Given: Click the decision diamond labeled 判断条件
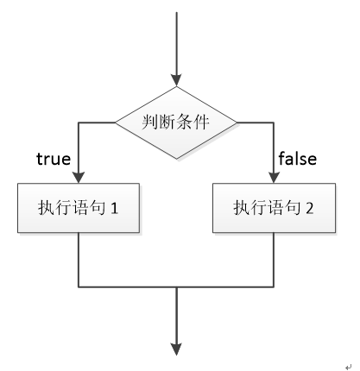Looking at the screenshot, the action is tap(176, 123).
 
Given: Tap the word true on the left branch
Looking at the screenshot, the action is tap(54, 159).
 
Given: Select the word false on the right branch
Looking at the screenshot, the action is tap(298, 158).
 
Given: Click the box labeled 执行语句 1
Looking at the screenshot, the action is tap(79, 208).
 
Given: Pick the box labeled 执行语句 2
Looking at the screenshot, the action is tap(274, 208).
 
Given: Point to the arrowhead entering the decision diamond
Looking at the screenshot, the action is tap(176, 80).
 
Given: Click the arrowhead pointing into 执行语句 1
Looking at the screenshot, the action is tap(79, 178).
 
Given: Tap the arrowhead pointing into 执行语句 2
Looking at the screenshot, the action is tap(274, 178).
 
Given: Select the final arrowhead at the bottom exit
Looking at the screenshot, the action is tap(176, 349).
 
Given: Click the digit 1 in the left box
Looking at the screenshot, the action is tap(114, 208).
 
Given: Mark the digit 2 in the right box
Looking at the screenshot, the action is tap(310, 208).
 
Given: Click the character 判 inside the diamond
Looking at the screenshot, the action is tap(150, 122).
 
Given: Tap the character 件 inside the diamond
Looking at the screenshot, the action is tap(200, 122).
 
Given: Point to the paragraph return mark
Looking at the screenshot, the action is tap(348, 367).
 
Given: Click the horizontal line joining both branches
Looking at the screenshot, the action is tap(176, 286).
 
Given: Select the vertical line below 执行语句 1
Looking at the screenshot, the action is tap(79, 260).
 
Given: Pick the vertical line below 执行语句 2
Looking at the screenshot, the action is tap(274, 260).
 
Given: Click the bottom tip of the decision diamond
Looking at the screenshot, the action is tap(176, 159).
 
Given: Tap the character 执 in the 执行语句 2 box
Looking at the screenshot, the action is tap(241, 207).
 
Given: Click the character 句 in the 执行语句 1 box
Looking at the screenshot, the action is tap(97, 207).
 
